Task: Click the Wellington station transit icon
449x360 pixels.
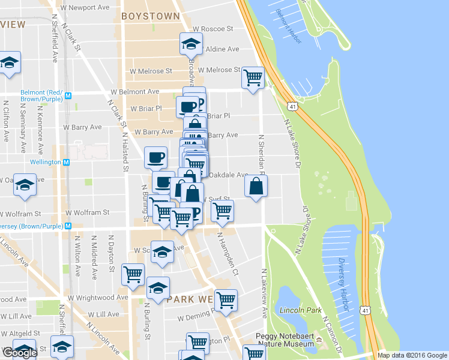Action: coord(67,162)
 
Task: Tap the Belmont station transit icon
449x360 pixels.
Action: coord(68,95)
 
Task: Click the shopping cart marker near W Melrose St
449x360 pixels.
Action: coord(253,77)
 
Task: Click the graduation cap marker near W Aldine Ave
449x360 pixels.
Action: coord(191,43)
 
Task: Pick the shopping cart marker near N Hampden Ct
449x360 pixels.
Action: coord(222,210)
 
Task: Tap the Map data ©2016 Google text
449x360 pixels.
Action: coord(412,355)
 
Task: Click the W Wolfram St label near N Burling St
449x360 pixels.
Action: coord(88,212)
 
